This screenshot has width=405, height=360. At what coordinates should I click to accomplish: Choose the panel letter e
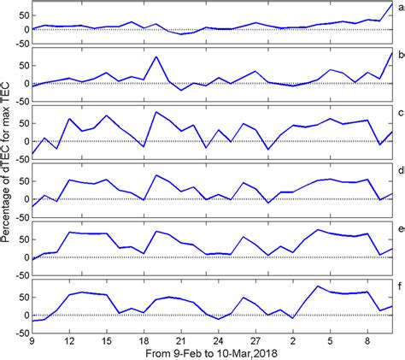click(399, 227)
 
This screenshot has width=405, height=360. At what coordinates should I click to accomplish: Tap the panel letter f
click(399, 283)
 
